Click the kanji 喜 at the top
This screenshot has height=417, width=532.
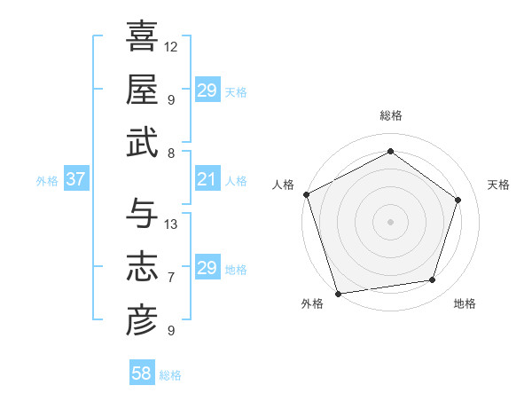click(142, 38)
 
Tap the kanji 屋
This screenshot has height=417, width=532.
click(142, 89)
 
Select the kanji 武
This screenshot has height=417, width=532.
click(142, 142)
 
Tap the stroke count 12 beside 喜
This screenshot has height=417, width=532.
click(171, 46)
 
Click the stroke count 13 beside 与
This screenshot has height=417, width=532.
click(171, 224)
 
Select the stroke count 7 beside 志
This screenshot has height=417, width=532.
click(171, 278)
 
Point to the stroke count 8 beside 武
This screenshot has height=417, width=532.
click(171, 153)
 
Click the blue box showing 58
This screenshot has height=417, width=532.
click(142, 374)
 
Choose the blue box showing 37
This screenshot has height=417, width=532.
click(75, 179)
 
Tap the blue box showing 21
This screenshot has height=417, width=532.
click(207, 179)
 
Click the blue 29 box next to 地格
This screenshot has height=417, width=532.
click(207, 268)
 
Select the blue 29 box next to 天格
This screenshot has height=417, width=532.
click(207, 90)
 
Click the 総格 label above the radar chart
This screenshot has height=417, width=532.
click(390, 116)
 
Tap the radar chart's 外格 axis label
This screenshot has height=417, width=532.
click(312, 303)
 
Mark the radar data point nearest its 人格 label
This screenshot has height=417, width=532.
click(306, 194)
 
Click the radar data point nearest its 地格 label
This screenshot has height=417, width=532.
click(433, 280)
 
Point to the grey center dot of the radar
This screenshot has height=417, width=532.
click(390, 221)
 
